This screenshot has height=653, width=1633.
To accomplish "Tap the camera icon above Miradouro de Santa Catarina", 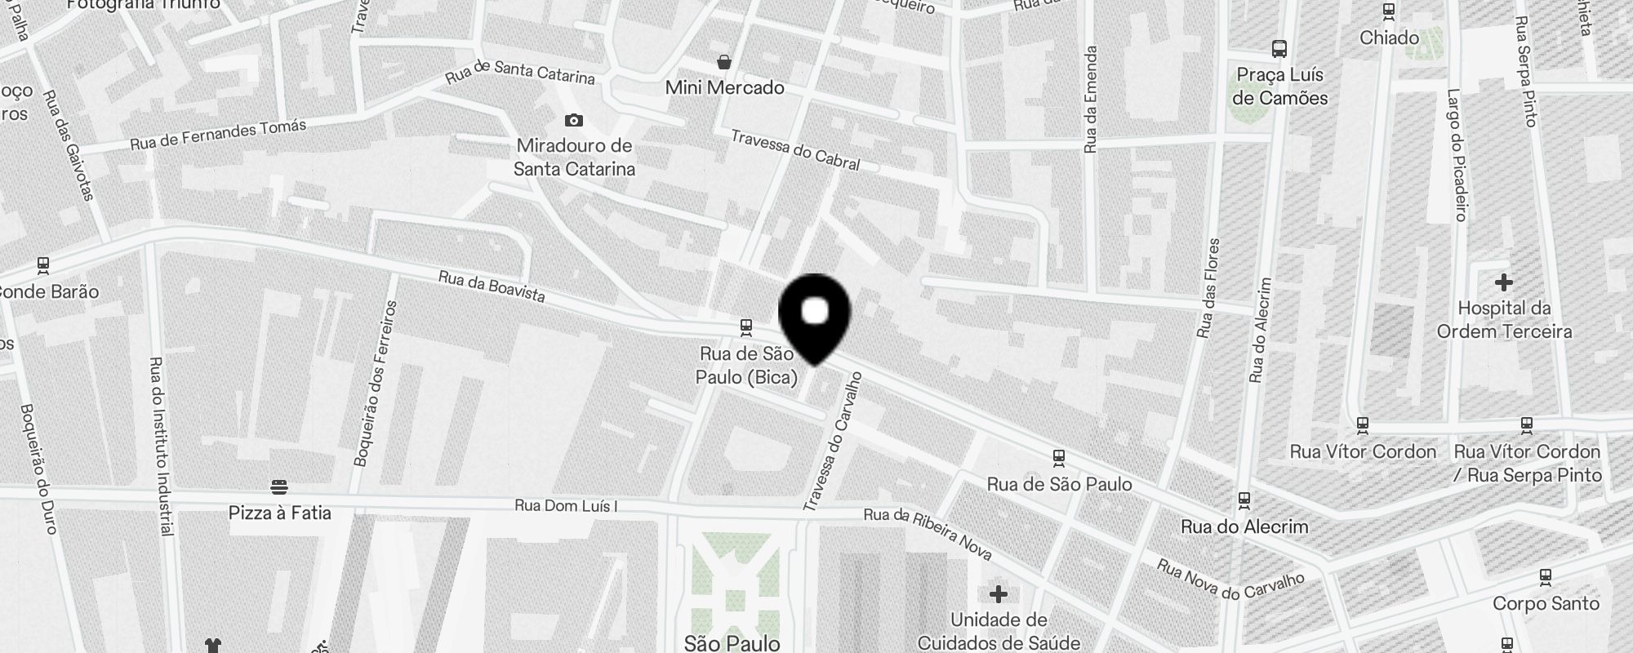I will [x=574, y=121].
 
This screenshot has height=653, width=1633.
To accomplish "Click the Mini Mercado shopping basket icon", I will [x=724, y=62].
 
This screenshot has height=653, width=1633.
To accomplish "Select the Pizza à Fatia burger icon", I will [x=279, y=487].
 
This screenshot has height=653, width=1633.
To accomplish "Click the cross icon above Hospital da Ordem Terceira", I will [x=1503, y=283].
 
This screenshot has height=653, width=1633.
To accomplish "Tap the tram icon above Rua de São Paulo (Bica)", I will [x=745, y=327].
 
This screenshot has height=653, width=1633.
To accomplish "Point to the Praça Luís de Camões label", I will [x=1279, y=87].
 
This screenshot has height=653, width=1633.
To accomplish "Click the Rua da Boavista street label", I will [x=492, y=287].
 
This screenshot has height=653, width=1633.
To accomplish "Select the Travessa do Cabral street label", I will [x=795, y=150].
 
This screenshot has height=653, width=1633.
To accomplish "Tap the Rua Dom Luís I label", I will [x=566, y=506].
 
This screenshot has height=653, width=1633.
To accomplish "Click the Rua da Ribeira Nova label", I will [x=928, y=535].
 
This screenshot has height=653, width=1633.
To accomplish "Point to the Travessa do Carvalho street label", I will [x=834, y=442].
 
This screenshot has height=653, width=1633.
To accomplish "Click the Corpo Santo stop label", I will [x=1546, y=603].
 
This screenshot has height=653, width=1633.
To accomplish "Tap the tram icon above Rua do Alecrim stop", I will [x=1244, y=499].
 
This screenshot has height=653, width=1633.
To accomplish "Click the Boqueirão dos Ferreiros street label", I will [x=376, y=383].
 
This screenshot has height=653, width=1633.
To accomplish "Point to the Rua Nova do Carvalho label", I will [x=1230, y=580].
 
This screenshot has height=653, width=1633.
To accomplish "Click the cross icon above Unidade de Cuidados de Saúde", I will [x=998, y=593].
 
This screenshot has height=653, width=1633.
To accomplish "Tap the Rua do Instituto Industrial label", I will [x=162, y=446].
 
